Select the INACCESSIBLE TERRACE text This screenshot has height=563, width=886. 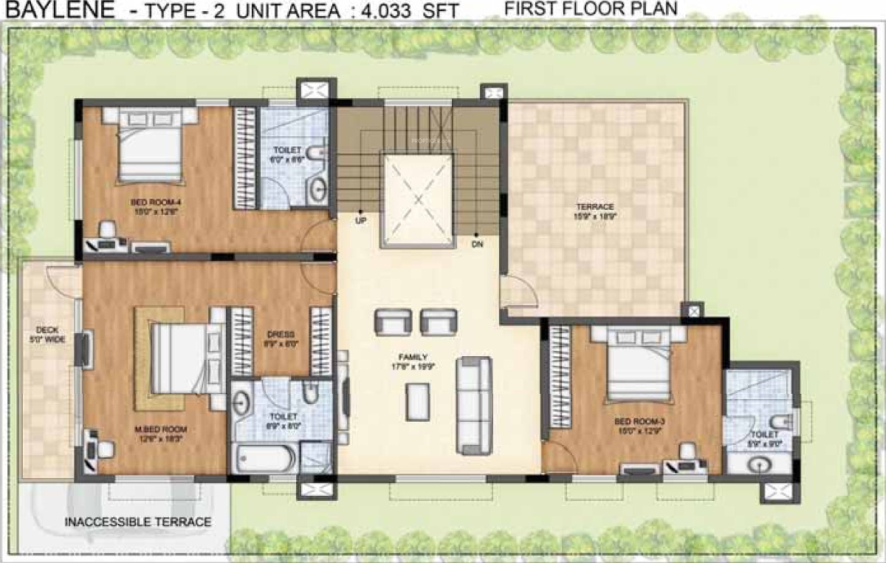click(137, 522)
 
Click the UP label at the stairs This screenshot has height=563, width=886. click(361, 220)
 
